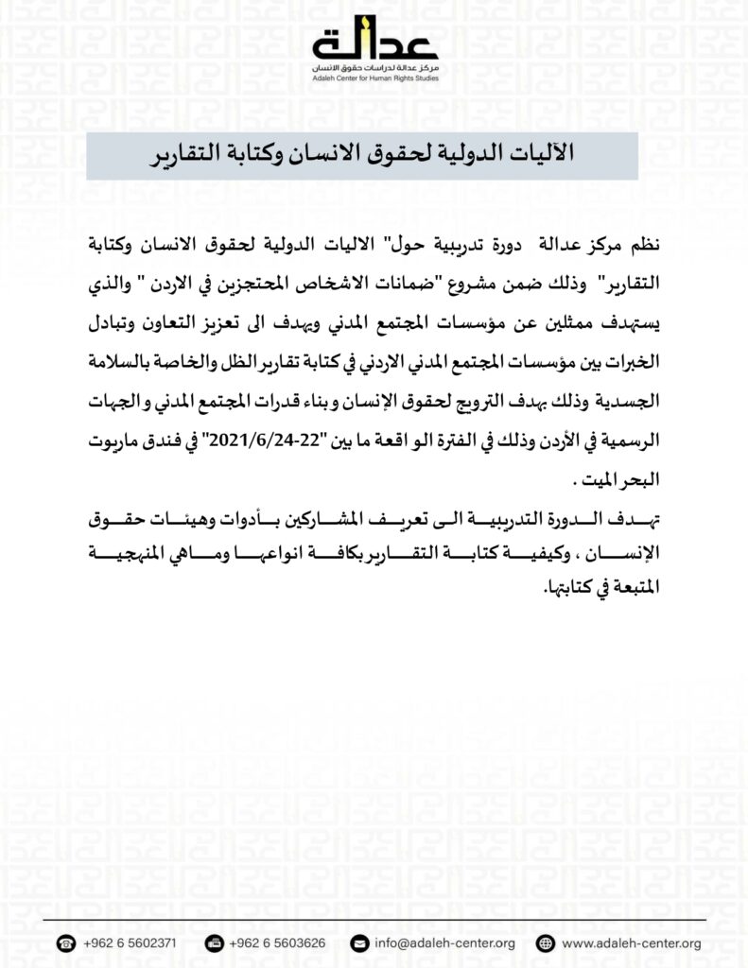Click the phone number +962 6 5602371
coord(129,943)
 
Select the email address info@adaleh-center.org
coord(444,943)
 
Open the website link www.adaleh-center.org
coord(631,943)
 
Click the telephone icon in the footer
coord(66,943)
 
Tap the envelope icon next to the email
coord(358,943)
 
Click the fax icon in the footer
coord(215,943)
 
